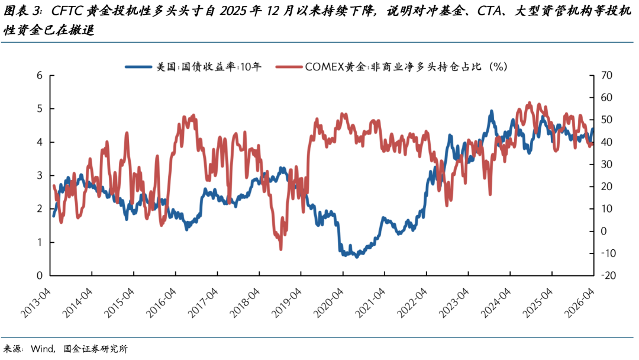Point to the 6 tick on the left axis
(40, 76)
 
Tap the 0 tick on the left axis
(40, 276)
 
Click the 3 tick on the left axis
(40, 176)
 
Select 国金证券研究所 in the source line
(95, 349)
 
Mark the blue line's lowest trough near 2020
(356, 256)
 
